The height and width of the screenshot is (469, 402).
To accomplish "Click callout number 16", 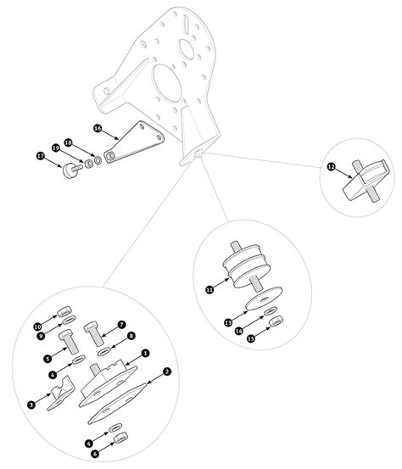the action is [98, 128].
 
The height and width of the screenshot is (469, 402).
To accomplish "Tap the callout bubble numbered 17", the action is [41, 156].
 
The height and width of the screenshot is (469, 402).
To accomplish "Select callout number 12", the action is [331, 166].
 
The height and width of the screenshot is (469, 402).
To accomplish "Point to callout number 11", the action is [209, 289].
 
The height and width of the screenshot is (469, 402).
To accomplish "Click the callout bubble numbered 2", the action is [167, 371].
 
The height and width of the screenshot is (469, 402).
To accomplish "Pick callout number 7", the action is [121, 325].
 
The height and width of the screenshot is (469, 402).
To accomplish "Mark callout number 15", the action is [251, 338].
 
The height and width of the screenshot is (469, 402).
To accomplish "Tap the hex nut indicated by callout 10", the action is [64, 311].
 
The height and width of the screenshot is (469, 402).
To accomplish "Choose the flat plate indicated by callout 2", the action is [117, 404].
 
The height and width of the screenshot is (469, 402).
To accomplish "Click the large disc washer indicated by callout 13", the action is [264, 299].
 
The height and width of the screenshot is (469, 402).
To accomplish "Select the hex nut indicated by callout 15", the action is [276, 321].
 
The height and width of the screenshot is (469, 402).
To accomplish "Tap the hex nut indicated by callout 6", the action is [121, 438].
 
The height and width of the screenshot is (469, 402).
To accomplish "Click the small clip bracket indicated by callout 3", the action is [60, 394].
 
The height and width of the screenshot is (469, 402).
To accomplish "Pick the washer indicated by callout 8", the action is [103, 352].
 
